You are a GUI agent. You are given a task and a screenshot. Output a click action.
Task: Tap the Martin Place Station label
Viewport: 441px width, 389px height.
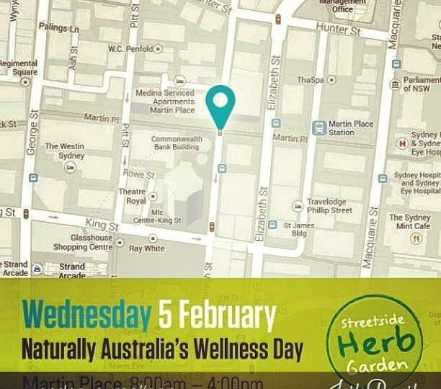coord(351,128)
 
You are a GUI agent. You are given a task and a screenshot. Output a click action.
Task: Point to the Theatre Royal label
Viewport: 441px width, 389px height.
coord(132,197)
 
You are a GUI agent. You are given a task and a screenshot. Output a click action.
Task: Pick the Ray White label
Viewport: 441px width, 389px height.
coord(146,249)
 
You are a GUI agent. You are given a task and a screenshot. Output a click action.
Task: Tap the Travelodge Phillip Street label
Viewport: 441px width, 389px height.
coord(329,206)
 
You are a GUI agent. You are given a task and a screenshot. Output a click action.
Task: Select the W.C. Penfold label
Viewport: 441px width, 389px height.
coord(130,49)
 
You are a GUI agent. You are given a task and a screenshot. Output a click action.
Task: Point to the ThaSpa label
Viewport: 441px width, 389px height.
coord(310,80)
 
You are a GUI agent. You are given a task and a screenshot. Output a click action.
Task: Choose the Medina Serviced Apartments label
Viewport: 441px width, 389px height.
coord(165,102)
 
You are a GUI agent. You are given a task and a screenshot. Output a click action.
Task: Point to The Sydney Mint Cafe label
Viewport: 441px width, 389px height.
coord(410,222)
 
